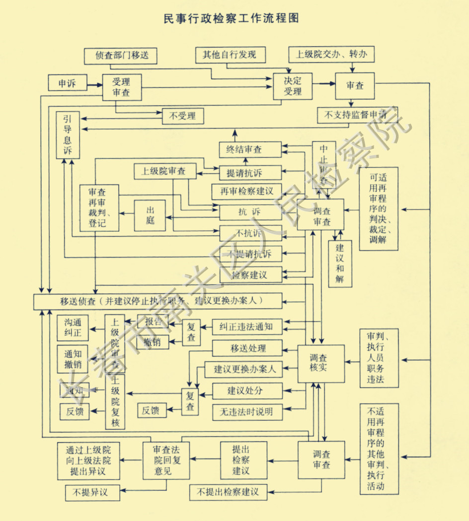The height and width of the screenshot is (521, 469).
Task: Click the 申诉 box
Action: [x=68, y=83]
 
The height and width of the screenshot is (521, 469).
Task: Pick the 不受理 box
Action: [x=182, y=117]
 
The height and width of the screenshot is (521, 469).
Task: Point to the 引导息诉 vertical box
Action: [x=68, y=135]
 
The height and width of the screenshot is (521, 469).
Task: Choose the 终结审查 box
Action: [x=250, y=149]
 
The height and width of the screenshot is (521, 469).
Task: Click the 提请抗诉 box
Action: [x=250, y=173]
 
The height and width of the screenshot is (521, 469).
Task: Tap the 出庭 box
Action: [x=150, y=215]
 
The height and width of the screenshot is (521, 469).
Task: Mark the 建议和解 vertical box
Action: [x=340, y=263]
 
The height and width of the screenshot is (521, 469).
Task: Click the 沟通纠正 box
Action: [x=73, y=327]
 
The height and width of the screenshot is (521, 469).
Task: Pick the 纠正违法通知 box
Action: [x=246, y=326]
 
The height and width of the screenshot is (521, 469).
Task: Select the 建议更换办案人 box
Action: [x=244, y=369]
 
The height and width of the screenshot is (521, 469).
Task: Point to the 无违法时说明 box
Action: [x=247, y=412]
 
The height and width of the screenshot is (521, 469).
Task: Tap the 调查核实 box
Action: [x=321, y=364]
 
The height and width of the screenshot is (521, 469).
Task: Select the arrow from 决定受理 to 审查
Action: [x=324, y=84]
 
